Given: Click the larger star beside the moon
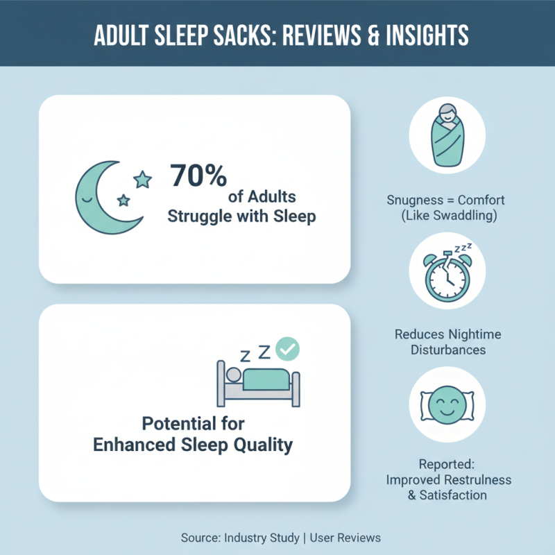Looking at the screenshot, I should tap(143, 180).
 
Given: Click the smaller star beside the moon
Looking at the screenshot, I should tap(123, 200).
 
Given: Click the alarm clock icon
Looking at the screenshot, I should tap(445, 275).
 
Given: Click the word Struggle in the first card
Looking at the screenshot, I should tap(203, 216).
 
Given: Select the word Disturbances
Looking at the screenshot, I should tap(447, 350).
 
